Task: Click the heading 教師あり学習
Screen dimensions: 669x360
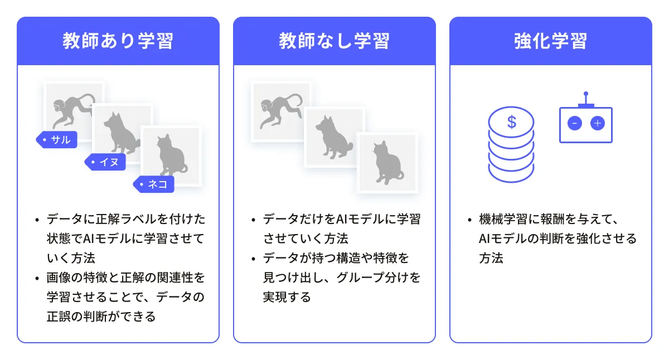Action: coord(118,41)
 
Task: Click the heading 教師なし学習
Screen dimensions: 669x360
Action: coord(334,41)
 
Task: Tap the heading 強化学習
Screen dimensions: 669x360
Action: coord(550,41)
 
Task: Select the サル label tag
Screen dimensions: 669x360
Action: coord(56,139)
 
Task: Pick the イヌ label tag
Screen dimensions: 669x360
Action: coord(105,162)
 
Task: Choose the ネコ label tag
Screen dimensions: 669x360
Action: coord(153,184)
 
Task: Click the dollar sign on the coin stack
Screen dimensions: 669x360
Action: coord(512,122)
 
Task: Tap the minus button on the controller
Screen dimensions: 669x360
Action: coord(575,123)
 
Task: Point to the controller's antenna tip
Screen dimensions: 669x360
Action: coord(586,94)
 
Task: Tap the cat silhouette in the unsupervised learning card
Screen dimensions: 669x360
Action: coord(387,163)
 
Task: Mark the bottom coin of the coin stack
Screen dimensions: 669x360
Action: coord(511,173)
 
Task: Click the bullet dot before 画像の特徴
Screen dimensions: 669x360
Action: coord(37,279)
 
